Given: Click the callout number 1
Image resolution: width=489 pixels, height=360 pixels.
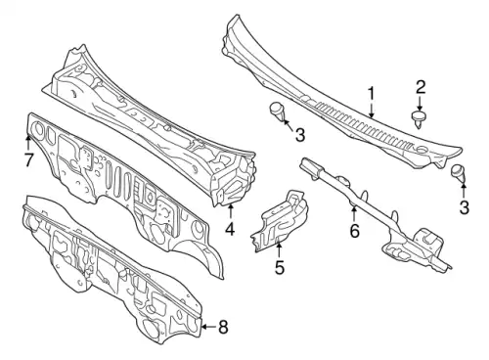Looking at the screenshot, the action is pos(371,94).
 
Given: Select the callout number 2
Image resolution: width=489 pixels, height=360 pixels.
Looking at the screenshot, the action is pos(420,87).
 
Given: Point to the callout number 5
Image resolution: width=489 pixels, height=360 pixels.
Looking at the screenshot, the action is pos(280,267).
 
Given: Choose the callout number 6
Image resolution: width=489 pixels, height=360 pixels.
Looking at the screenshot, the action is pos(354,231).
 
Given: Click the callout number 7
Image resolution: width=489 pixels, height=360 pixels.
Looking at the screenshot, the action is pos(28,159).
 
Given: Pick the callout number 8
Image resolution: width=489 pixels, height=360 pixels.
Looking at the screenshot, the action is pos(223,327).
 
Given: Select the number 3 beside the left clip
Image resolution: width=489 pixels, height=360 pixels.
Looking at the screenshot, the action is pos(300,135).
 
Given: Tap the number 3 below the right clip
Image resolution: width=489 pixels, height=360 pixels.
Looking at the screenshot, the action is pos(464,207).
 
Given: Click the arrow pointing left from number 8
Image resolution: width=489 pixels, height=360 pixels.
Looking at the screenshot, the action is pos(208,327).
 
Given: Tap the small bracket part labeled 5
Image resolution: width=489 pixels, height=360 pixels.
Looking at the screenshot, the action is pos(280,221).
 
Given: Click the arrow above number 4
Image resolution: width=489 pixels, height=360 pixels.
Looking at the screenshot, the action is pos(231,211).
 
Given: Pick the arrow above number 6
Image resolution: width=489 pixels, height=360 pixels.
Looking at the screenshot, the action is pos(354,214).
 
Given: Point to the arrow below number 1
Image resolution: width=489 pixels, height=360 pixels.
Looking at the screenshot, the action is pos(372,110).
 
